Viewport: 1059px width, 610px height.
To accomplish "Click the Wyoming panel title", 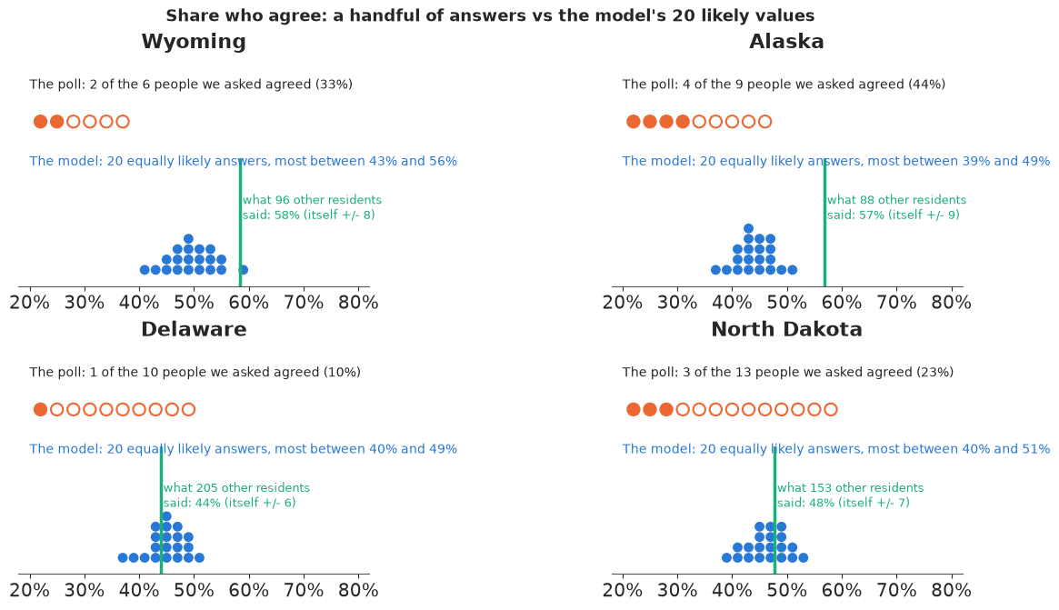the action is (194, 42).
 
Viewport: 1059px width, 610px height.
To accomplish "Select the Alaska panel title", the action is (787, 42).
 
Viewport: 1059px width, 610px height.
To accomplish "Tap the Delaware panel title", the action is (194, 330).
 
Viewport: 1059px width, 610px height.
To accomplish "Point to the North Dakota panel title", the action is (787, 330).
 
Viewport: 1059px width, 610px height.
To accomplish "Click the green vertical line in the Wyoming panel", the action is (241, 223).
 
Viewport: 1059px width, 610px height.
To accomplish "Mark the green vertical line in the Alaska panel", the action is (824, 223).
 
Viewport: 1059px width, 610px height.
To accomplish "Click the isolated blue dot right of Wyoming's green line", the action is (243, 270).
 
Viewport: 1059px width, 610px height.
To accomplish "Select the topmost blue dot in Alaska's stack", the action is (748, 229).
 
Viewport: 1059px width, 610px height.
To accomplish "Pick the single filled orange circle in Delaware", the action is (41, 409).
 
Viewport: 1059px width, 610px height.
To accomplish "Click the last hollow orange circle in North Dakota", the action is (831, 409).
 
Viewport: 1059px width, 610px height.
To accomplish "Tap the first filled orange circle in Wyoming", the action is (41, 122).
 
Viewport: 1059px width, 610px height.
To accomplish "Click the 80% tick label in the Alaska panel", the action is (951, 302).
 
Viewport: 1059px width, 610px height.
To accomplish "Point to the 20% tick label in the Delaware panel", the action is (30, 590).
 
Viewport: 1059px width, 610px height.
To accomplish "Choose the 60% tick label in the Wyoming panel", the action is (249, 302).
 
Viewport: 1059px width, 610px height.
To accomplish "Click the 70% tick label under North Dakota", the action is (896, 590).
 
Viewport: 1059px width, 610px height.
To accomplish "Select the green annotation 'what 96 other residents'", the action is (312, 200).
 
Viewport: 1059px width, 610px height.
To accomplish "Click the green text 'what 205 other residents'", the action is (236, 488).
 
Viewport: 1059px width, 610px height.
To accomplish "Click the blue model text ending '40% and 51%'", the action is (836, 449).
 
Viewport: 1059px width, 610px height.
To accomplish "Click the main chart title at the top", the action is (490, 15).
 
